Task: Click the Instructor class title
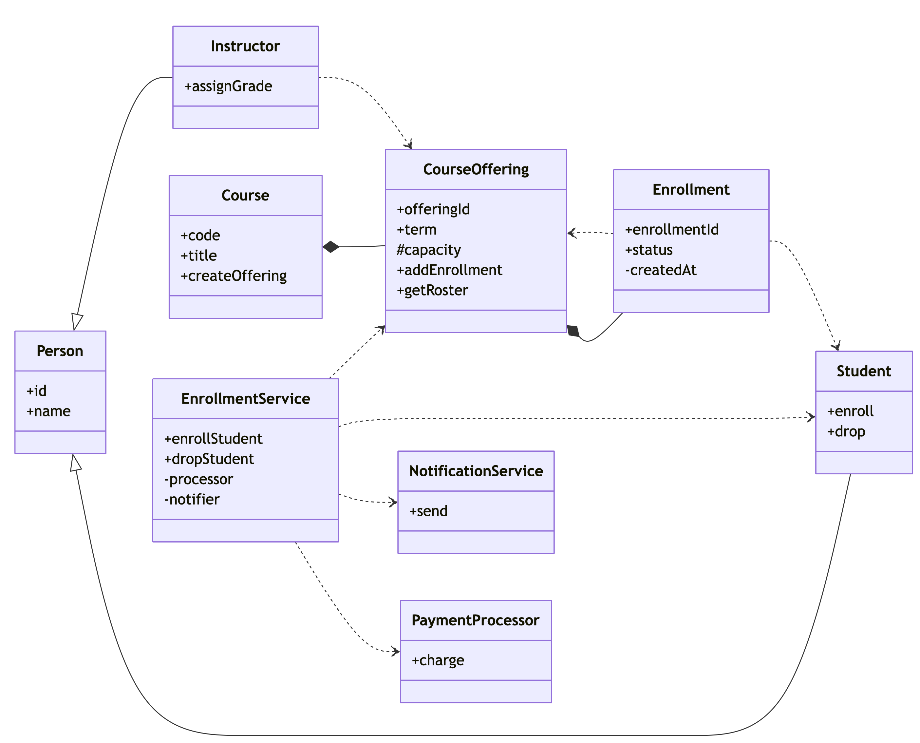(245, 46)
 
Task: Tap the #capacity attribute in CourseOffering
(429, 250)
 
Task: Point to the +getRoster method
(432, 291)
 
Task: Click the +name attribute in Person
(48, 412)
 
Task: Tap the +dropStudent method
(209, 459)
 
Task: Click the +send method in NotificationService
(428, 511)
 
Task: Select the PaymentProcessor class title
(476, 620)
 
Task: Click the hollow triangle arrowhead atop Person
(77, 322)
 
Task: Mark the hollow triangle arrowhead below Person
(76, 463)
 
